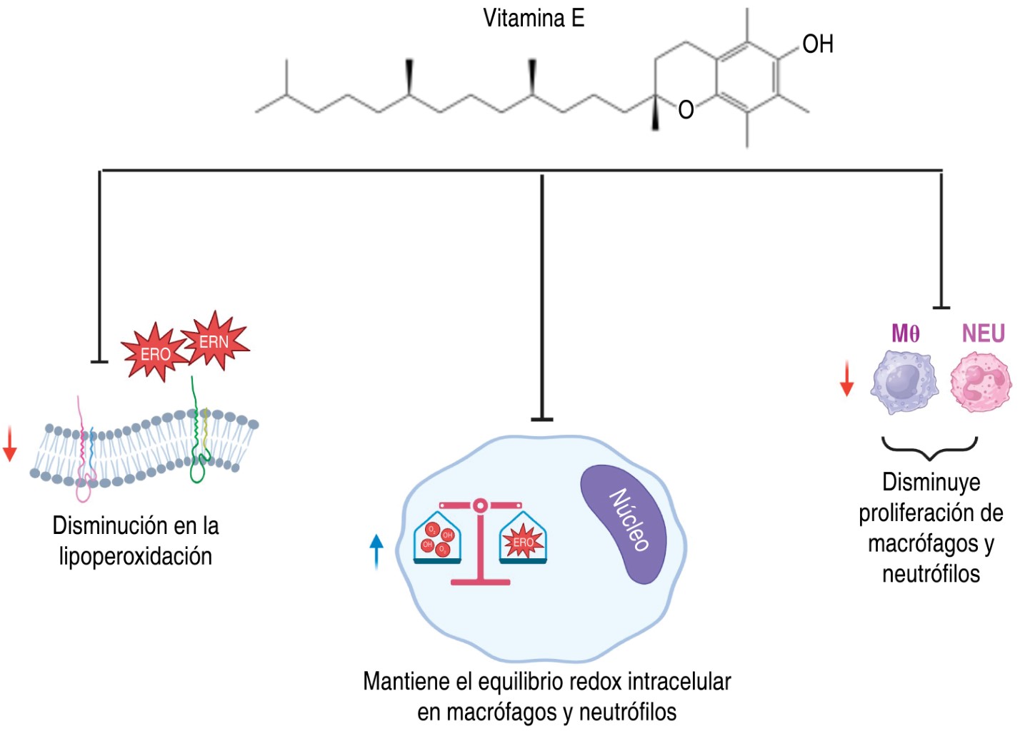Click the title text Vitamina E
(534, 19)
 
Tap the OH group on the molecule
(817, 44)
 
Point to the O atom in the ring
(686, 110)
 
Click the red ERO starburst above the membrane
(154, 353)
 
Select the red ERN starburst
(214, 341)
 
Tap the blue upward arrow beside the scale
(376, 551)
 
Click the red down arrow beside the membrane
(9, 444)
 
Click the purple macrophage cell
(904, 382)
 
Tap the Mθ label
(905, 333)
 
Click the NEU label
(983, 333)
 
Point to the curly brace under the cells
(929, 448)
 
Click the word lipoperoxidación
(136, 556)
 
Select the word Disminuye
(931, 483)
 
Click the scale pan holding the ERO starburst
(523, 541)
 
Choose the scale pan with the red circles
(438, 541)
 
